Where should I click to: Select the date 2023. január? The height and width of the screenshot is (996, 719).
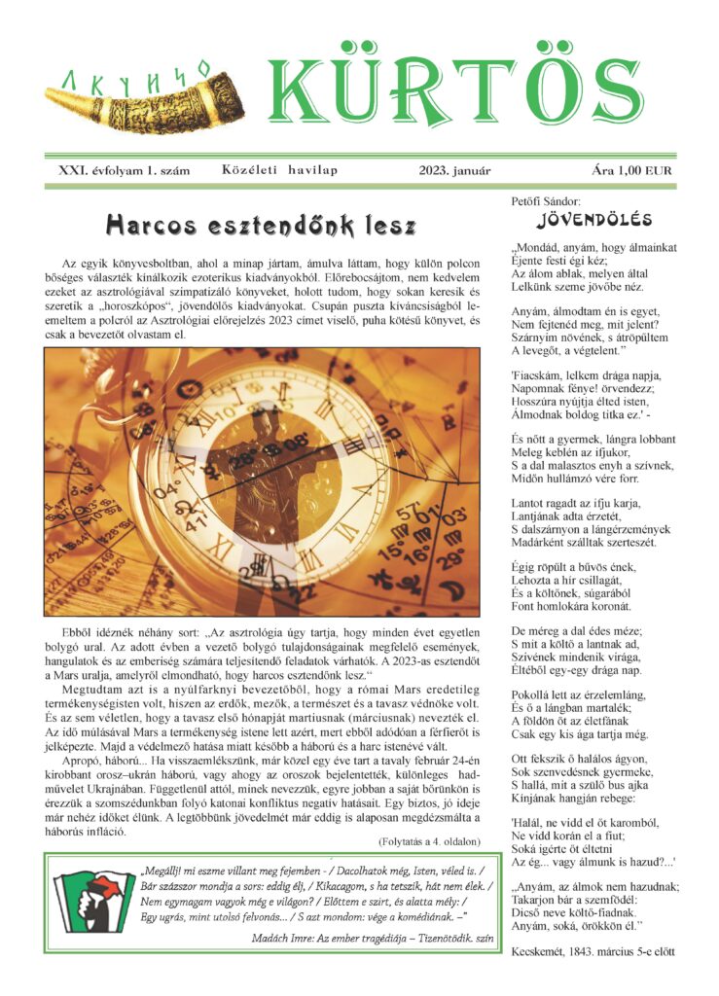(454, 170)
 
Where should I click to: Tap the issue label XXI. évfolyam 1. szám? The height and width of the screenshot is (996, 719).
(124, 170)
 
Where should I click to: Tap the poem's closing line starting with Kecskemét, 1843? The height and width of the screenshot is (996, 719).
(593, 951)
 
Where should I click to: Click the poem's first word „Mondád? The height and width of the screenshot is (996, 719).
(539, 247)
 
